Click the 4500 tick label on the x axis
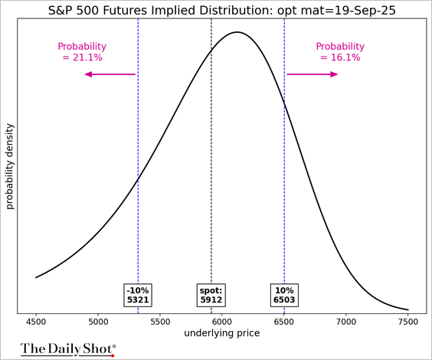[x=36, y=322]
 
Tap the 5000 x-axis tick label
[x=98, y=322]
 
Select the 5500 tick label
[x=160, y=322]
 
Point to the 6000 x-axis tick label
[x=222, y=322]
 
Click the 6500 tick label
[x=284, y=322]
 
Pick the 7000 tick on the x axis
[x=346, y=322]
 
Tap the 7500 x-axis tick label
[x=408, y=322]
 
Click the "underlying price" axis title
[x=222, y=333]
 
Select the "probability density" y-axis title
[x=10, y=166]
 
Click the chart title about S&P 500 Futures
[x=222, y=11]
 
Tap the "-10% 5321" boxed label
[x=138, y=295]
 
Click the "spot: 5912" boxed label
[x=211, y=295]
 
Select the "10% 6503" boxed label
[x=284, y=295]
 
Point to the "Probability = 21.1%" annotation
[x=82, y=52]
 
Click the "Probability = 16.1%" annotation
[x=340, y=52]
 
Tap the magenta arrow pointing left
[x=110, y=74]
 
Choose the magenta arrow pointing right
[x=313, y=74]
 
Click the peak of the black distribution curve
[x=237, y=32]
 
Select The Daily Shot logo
[x=68, y=349]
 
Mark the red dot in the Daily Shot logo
[x=113, y=355]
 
